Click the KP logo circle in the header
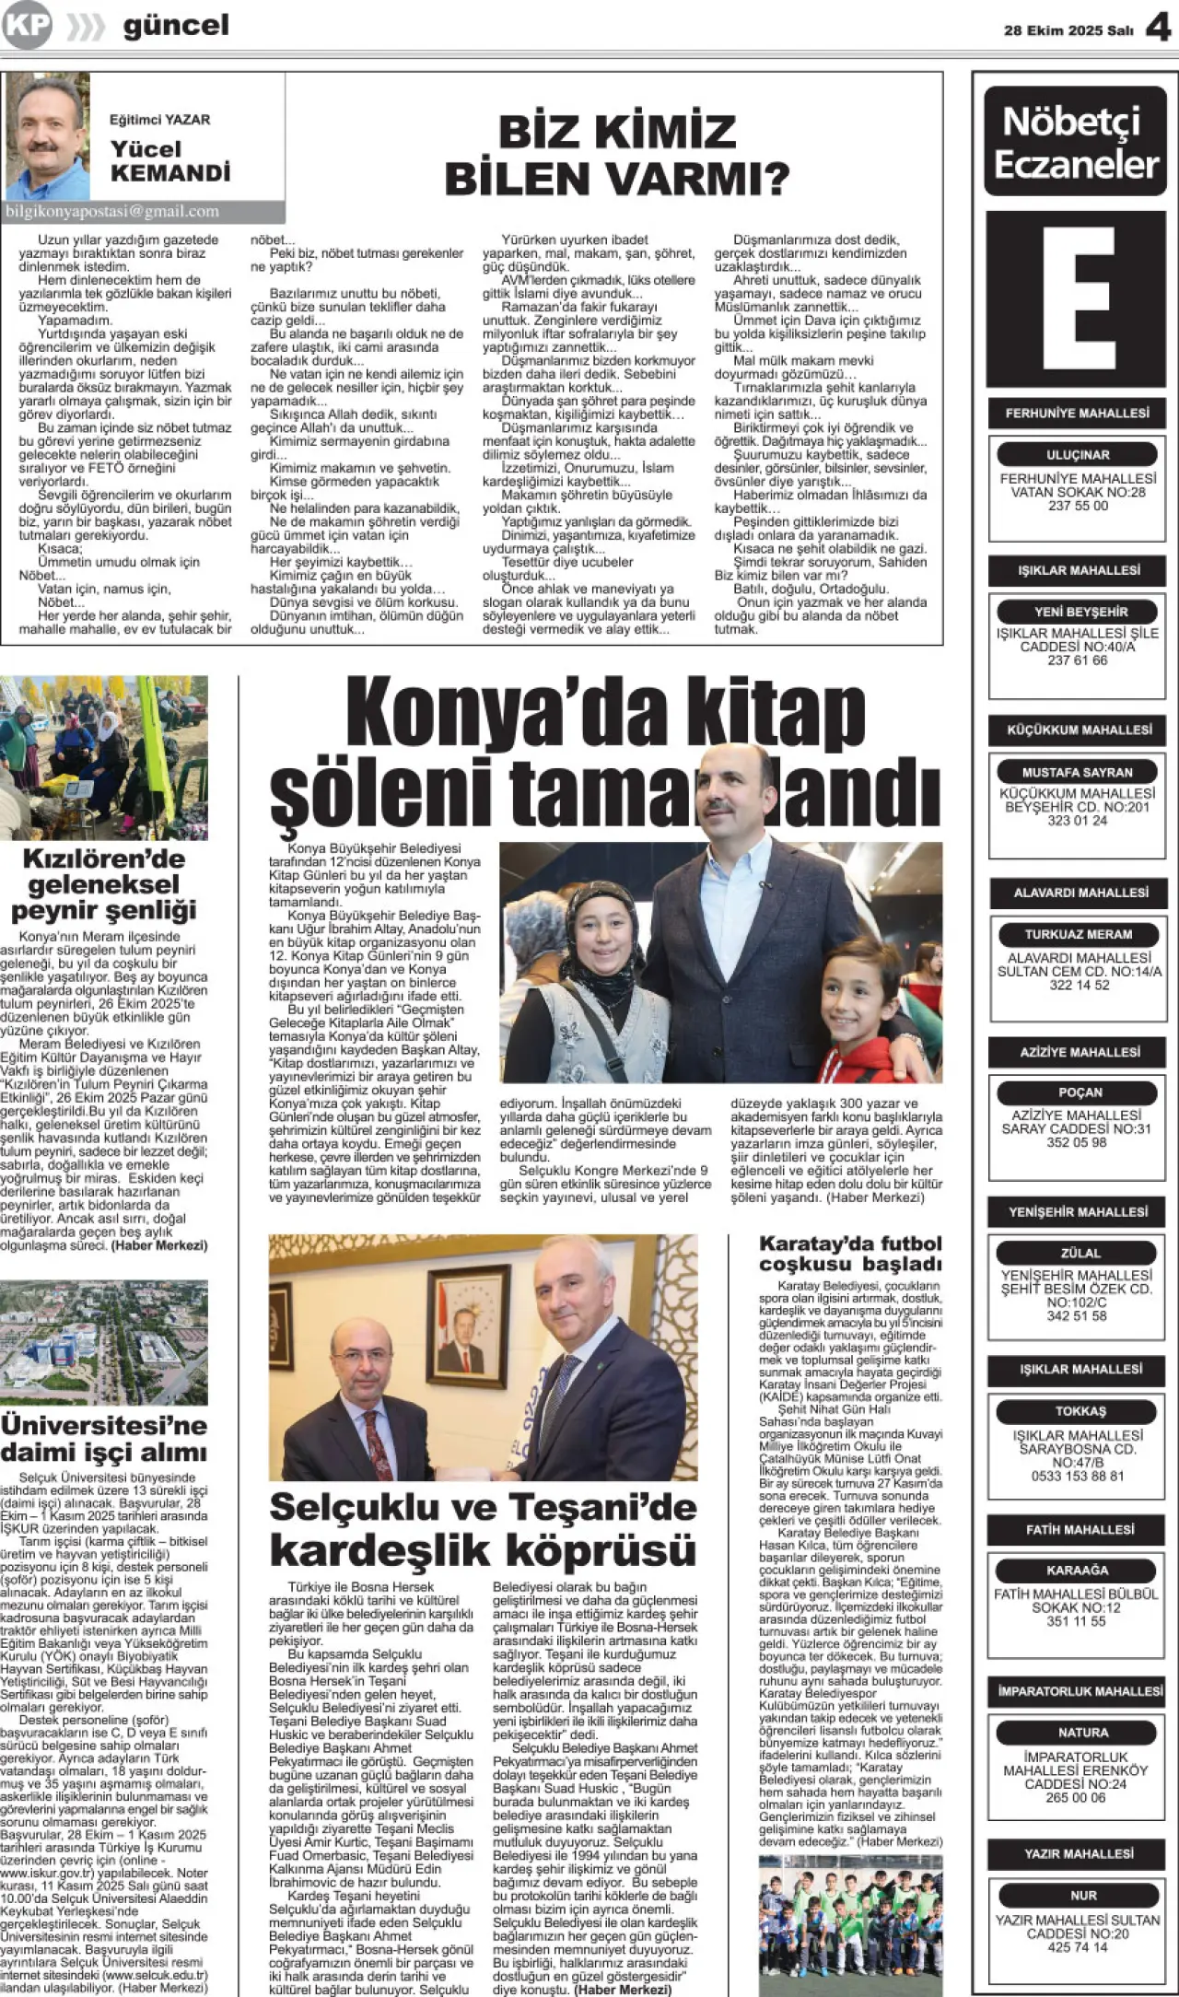(27, 25)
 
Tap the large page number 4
(1157, 28)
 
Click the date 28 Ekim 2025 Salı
(1068, 30)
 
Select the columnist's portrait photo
(47, 136)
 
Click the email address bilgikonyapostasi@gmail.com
(112, 211)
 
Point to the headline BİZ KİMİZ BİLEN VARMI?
(616, 154)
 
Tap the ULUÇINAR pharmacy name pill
(1078, 455)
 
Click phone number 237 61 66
(1077, 660)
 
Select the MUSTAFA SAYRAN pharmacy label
(1077, 772)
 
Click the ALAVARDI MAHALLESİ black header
(1080, 893)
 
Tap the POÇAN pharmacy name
(1080, 1092)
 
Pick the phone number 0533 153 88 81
(1078, 1476)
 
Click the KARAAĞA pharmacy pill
(1077, 1571)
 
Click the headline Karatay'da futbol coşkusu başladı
(850, 1254)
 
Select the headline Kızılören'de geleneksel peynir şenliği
(104, 884)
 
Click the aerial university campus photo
(104, 1341)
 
